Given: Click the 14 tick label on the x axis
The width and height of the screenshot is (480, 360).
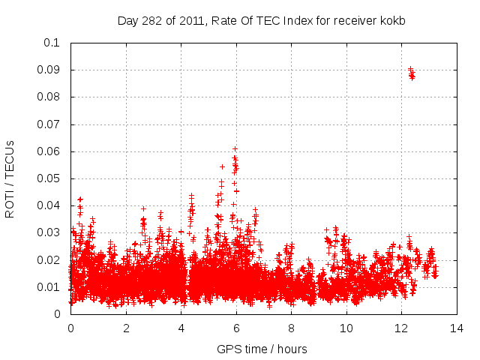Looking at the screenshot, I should click(456, 328).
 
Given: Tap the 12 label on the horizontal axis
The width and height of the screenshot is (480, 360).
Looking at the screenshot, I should click(401, 328).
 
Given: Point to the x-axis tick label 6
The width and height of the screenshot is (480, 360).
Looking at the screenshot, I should click(235, 328).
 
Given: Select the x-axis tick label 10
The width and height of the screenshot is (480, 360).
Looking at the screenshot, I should click(346, 328).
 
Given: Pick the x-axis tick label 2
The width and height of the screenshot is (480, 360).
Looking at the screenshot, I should click(125, 328).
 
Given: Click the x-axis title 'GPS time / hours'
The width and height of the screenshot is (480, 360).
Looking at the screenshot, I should click(262, 349).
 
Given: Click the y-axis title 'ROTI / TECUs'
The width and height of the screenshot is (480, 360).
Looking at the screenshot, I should click(10, 178).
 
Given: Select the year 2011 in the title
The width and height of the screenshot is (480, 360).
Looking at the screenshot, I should click(190, 19).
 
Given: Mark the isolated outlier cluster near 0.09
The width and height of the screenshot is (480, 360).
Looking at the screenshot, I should click(411, 73).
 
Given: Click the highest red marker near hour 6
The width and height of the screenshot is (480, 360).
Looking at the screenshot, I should click(235, 148).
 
